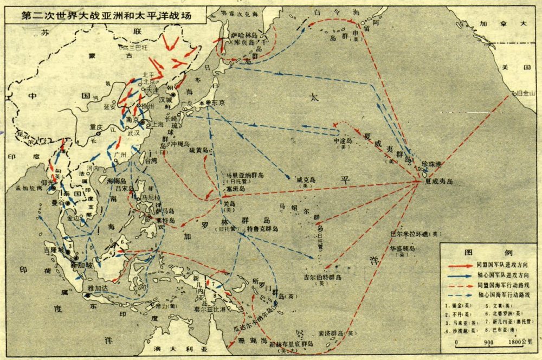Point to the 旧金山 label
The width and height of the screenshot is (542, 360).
527,94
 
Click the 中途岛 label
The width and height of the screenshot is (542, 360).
343,140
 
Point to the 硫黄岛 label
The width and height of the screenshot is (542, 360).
198,150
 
